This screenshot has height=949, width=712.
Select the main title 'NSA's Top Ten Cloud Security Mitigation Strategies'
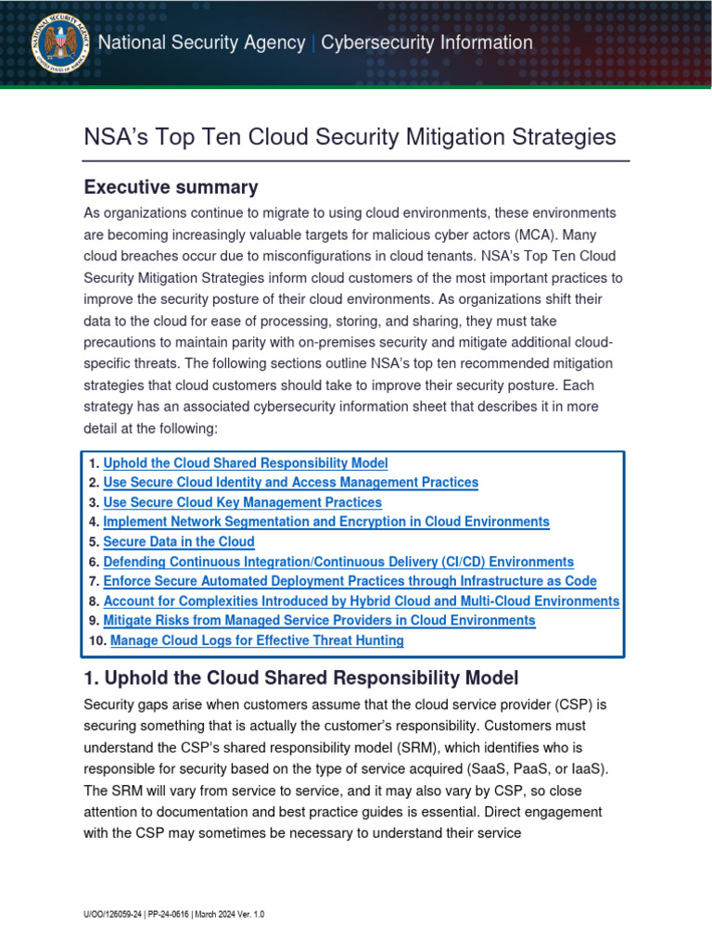coord(350,137)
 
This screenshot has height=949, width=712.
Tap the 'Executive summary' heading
coord(171,187)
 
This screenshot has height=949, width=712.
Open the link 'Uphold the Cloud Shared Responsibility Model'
coord(246,463)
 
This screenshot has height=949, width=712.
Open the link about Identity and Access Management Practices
coord(291,483)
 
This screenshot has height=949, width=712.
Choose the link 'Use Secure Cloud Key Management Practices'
coord(242,502)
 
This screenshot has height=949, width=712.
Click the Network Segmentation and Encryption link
coord(326,522)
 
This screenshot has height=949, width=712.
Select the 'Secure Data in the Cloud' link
coord(179,542)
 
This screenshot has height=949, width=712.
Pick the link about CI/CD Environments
coord(338,562)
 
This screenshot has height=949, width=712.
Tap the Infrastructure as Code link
coord(350,581)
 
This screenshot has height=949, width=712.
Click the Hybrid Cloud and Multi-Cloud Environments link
coord(361,601)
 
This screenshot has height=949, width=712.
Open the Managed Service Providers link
coord(319,621)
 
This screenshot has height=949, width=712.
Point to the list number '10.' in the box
coord(98,640)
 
